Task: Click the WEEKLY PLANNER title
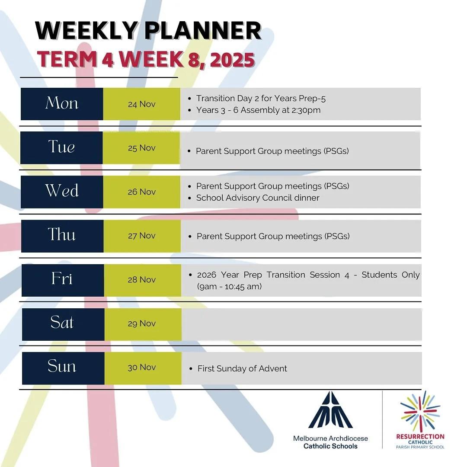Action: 148,31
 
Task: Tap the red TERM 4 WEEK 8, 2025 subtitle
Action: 145,60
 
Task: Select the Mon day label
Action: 62,104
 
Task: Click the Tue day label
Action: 61,147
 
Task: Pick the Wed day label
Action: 62,191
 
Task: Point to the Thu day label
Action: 62,235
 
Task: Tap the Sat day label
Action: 62,323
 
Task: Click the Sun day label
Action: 62,367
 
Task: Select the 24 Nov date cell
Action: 141,104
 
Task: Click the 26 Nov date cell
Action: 141,192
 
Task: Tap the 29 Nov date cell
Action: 141,323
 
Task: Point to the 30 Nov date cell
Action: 141,368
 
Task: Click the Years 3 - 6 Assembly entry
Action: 258,110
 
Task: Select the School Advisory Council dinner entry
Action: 258,198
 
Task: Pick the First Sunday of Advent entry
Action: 242,369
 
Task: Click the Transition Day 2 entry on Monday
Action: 261,99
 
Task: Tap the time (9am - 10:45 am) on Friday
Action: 229,286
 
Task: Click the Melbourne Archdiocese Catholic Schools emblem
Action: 331,410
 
